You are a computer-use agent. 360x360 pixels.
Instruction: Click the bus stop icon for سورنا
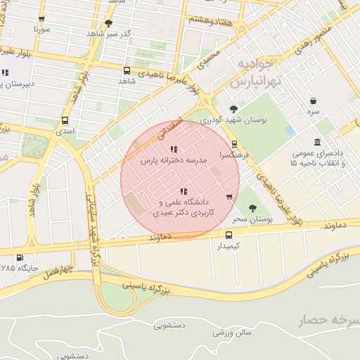[41, 19]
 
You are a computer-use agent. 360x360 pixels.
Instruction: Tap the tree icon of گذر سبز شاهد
[108, 22]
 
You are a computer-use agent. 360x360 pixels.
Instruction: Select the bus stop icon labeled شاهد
[127, 70]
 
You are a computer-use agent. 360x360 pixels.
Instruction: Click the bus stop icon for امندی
[65, 120]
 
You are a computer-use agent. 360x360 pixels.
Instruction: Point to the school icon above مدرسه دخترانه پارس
[174, 149]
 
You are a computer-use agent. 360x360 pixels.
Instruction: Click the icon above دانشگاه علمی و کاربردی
[184, 191]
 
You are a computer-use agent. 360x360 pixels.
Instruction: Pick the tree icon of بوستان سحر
[252, 208]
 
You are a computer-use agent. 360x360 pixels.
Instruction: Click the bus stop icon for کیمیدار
[229, 235]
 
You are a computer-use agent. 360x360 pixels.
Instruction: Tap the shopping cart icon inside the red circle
[229, 196]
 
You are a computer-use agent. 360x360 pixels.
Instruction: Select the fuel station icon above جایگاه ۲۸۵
[19, 257]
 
